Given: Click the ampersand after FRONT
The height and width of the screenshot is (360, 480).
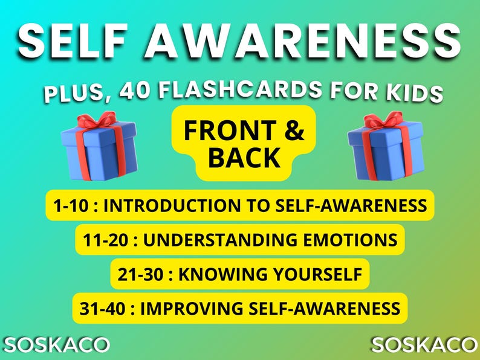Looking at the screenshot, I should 294,131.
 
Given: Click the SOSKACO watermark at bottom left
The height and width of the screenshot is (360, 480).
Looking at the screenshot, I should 55,345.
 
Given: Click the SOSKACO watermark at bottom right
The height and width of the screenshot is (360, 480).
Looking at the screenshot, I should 424,345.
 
